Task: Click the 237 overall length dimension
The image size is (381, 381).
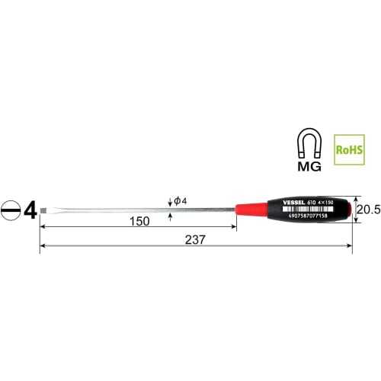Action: [x=195, y=239]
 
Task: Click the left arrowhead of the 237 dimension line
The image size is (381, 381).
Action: [x=43, y=245]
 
